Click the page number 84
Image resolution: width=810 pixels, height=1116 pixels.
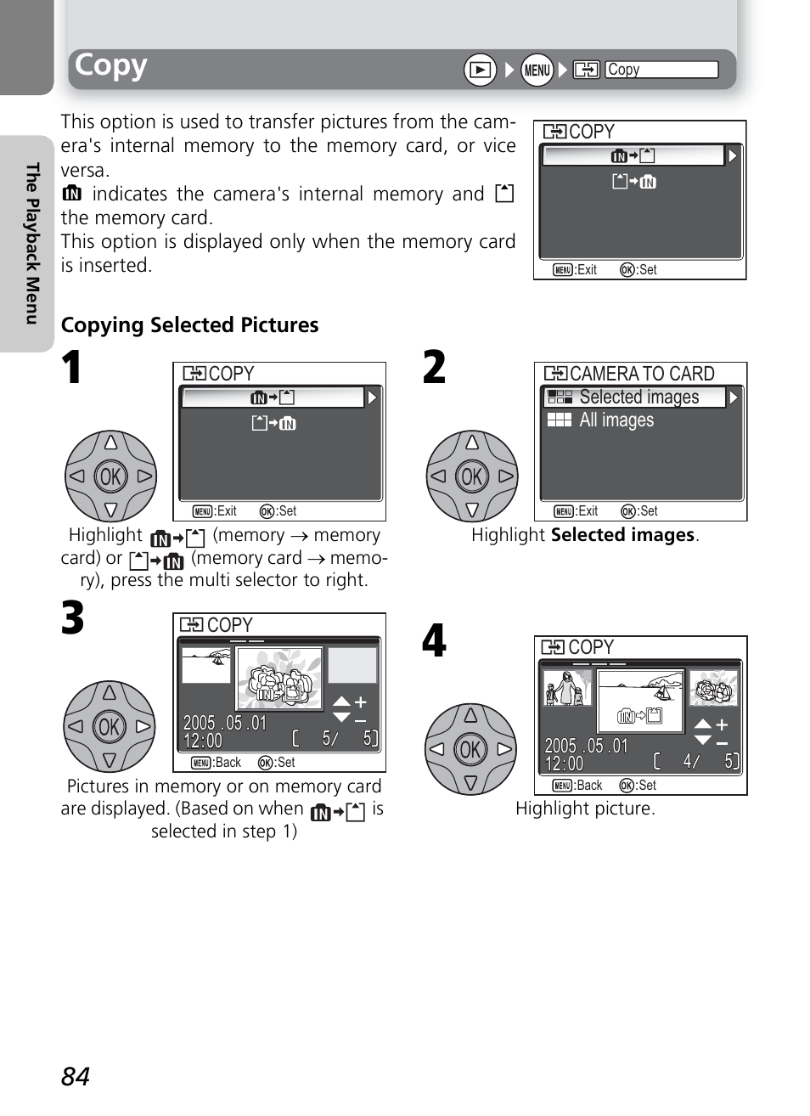pos(75,1076)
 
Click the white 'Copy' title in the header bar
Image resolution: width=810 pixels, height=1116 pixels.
pos(111,65)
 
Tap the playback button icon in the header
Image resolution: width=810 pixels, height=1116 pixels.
pos(480,70)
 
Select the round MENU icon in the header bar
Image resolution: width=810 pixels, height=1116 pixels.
pos(537,70)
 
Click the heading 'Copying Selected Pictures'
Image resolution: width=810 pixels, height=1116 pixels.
pos(189,325)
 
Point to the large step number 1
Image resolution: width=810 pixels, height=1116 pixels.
pos(72,369)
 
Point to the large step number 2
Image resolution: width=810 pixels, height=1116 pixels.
pos(434,369)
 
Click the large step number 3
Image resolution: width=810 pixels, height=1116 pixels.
pos(73,618)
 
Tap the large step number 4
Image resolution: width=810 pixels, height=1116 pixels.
pos(434,641)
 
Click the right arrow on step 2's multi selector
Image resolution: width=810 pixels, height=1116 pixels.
pos(506,476)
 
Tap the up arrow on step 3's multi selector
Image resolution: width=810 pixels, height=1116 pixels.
pos(110,693)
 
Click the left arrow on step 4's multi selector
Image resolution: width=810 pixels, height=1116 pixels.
pos(436,749)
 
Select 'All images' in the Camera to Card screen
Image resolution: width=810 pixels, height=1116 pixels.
pos(616,420)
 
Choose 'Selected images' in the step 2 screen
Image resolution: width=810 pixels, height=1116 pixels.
pos(638,397)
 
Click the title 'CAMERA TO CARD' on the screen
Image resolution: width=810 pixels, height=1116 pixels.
pos(642,374)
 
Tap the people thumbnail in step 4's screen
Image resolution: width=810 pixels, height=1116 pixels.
pos(566,688)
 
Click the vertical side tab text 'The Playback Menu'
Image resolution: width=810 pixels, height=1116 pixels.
pos(32,244)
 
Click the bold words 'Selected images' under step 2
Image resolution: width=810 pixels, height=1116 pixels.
pos(622,535)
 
